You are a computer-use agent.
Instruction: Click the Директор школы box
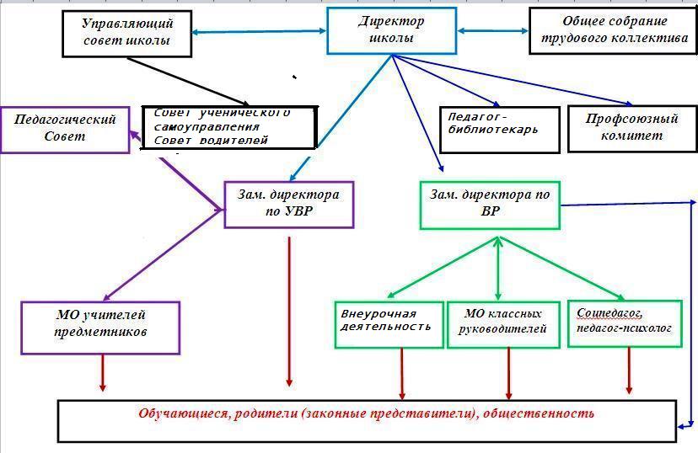coord(392,30)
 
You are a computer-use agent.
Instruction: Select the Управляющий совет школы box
coord(126,34)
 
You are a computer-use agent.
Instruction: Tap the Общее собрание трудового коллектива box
coord(613,31)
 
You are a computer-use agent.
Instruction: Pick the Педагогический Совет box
coord(65,130)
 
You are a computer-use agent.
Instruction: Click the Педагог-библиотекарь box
coord(499,130)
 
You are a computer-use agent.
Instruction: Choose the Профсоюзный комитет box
coord(632,129)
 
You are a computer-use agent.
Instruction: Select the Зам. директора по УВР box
coord(289,205)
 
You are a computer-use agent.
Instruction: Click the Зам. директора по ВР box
coord(490,205)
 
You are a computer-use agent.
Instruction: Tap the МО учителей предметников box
coord(100,328)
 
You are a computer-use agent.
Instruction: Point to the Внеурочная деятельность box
coord(389,324)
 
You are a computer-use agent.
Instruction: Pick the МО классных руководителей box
coord(503,324)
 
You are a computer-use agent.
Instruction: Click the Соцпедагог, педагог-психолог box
coord(625,323)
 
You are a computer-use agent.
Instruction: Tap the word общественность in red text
coord(539,413)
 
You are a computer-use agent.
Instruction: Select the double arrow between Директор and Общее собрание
coord(493,30)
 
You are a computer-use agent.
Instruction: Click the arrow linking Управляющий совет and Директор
coord(259,31)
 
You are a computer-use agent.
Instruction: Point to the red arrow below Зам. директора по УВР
coord(289,312)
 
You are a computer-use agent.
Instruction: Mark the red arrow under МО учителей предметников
coord(103,372)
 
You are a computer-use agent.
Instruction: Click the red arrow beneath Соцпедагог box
coord(629,370)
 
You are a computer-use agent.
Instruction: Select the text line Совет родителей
coord(211,141)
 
